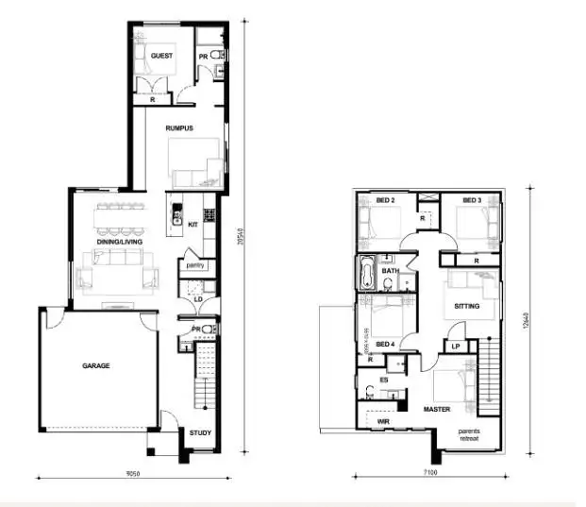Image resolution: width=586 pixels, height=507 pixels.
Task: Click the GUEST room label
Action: [x=160, y=56]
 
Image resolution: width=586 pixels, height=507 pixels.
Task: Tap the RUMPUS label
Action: [x=178, y=128]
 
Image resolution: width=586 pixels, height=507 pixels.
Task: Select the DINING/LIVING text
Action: [x=117, y=244]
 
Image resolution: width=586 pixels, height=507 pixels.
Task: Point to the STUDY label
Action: [x=199, y=434]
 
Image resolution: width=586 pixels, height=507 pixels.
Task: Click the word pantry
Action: [x=194, y=265]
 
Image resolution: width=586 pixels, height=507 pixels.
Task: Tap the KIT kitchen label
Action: [x=193, y=225]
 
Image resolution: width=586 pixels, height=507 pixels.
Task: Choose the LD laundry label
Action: [x=198, y=300]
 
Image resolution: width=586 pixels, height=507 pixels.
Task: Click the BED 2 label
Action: [x=385, y=200]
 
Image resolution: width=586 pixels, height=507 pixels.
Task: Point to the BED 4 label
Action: [x=384, y=344]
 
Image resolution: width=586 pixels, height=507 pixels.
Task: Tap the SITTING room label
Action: [x=466, y=307]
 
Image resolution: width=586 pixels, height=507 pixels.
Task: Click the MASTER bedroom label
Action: [x=436, y=410]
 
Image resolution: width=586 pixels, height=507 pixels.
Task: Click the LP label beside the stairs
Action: [x=455, y=346]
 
